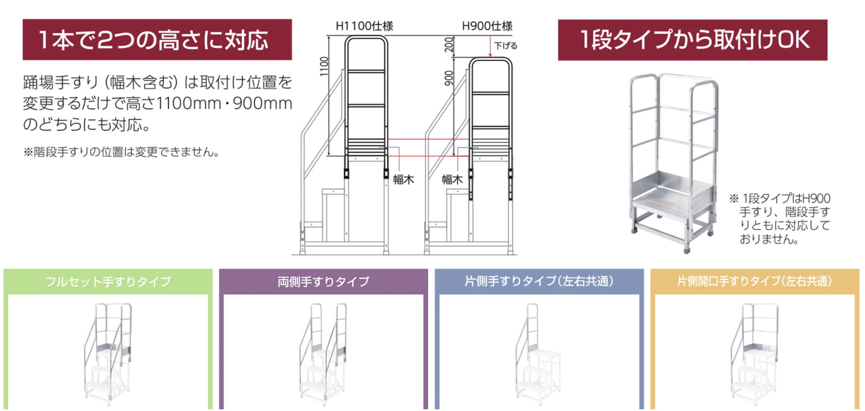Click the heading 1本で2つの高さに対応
(x=154, y=40)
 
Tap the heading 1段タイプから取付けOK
(x=694, y=39)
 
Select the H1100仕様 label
(x=364, y=26)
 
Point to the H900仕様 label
(x=487, y=26)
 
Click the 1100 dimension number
(x=324, y=67)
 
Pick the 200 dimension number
(x=449, y=45)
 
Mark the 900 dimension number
(x=449, y=78)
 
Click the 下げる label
(x=506, y=45)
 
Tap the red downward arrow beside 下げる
(x=490, y=46)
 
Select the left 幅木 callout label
(x=403, y=180)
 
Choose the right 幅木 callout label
(x=452, y=180)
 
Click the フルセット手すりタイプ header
(x=108, y=282)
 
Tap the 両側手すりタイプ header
(x=323, y=282)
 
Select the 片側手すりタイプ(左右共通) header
(x=539, y=281)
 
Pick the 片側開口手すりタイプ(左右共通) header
(x=755, y=281)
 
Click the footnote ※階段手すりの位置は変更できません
(x=122, y=152)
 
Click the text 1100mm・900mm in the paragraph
(x=224, y=103)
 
